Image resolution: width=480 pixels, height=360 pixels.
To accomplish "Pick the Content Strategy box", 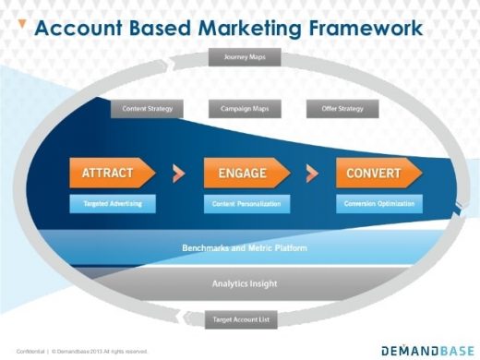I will pos(147,109).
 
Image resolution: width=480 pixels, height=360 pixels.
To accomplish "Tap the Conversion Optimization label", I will pos(379,203).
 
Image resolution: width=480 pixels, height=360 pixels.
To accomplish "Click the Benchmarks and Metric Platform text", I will pos(244,248).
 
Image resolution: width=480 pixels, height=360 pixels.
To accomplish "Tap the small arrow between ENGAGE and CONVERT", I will pos(311,173).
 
